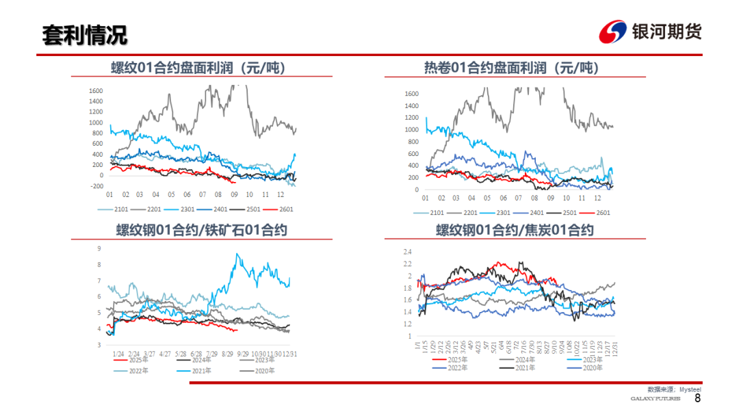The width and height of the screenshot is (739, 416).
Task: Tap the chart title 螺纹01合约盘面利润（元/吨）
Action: point(198,68)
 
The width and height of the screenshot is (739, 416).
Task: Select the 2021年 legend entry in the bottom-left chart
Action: point(199,370)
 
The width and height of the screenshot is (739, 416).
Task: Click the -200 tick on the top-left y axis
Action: point(96,186)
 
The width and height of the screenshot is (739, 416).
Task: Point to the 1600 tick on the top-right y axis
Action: point(411,94)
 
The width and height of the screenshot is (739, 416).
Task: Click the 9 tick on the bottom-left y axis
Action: point(100,248)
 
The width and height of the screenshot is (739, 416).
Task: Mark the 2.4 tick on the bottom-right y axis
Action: point(407,251)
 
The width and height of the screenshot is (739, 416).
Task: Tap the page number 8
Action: point(697,398)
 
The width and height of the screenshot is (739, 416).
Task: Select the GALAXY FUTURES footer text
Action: point(655,399)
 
